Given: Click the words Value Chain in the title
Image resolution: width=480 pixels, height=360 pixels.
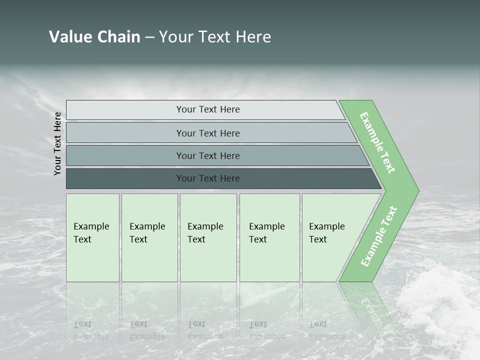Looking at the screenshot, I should point(94,37).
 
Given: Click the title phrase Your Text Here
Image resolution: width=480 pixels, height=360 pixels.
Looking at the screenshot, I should point(215,37).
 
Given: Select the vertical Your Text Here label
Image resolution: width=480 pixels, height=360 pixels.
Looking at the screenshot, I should point(57,143).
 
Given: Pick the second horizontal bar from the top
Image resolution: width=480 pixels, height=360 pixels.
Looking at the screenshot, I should point(207,133).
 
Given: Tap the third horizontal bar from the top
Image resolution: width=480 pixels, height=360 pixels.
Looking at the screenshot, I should point(207,155).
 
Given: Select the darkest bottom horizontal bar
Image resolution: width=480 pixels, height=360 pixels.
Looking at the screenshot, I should point(207,178).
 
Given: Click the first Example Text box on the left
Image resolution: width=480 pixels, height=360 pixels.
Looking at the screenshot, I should point(92,237).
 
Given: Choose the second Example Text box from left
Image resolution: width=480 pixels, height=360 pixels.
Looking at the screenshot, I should point(149,237).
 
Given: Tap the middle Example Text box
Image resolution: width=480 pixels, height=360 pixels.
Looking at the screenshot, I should point(208,237).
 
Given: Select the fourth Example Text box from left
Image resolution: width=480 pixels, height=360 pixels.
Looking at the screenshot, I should point(269,237).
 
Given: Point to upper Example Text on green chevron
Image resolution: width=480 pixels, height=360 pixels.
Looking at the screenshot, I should point(377,142).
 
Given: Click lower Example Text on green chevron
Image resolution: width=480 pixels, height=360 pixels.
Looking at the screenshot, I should point(379,236).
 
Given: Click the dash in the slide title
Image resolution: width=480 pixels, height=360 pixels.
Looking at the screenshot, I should point(149,37).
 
